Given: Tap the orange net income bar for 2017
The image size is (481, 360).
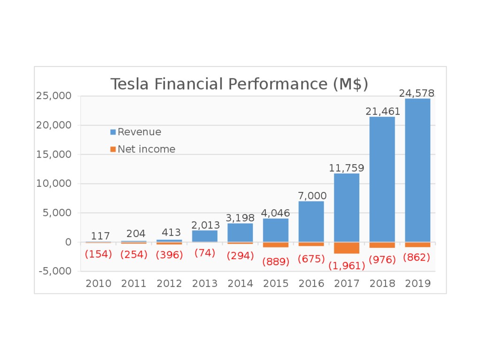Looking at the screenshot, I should point(347,248).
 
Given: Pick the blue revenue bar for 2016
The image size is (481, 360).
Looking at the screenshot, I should point(311,221).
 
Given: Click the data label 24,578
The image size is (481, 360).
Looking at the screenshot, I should point(417,93).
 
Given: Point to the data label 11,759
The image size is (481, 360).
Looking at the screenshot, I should point(347,168).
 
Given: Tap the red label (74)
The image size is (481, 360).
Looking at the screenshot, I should point(205,253).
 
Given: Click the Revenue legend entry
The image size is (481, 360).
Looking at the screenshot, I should point(139,132).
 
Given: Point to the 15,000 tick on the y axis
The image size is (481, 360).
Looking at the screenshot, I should point(54,154).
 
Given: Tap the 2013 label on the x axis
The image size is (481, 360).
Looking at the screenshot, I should point(205,283).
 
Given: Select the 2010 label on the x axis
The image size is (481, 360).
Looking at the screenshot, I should point(98,283).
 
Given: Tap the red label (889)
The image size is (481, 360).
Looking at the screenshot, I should point(276,262).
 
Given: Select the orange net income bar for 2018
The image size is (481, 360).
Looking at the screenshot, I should point(382,245).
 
